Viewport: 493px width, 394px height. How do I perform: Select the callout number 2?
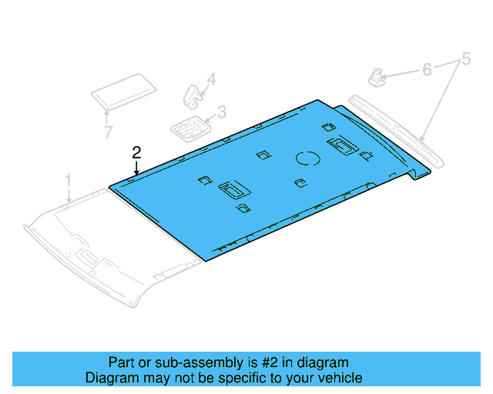[x=136, y=152]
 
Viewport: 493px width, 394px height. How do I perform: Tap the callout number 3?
[x=221, y=112]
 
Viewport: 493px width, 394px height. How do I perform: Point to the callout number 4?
[x=210, y=78]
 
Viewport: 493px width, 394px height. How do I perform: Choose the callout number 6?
[x=426, y=70]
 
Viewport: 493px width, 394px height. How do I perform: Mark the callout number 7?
[x=108, y=132]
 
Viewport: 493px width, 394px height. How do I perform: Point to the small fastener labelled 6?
[x=377, y=77]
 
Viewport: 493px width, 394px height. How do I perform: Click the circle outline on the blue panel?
[x=309, y=159]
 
